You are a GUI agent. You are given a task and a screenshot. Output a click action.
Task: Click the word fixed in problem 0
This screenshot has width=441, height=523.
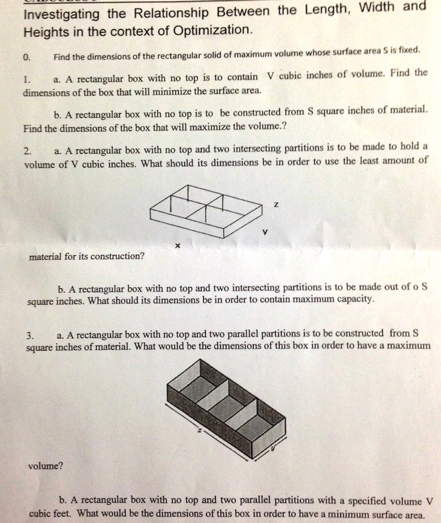(x=408, y=50)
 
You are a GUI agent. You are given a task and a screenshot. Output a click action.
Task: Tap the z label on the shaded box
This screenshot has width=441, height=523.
(x=199, y=431)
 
